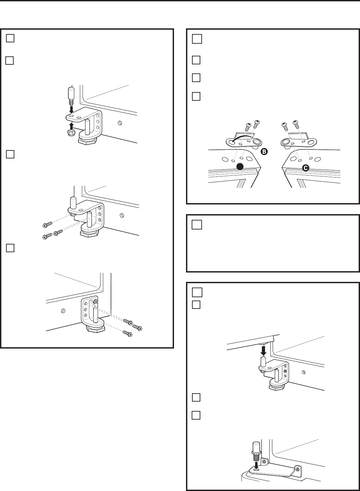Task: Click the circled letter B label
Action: tap(263, 152)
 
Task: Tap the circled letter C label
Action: tap(305, 168)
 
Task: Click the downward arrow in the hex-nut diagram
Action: tap(71, 108)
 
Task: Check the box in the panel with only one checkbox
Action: tap(197, 226)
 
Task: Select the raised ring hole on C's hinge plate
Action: tap(286, 142)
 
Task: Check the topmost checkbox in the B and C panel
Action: tap(197, 39)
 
